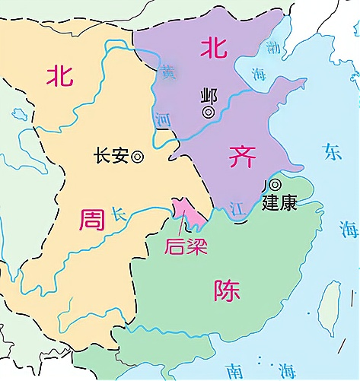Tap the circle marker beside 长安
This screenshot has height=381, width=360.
[x=138, y=157]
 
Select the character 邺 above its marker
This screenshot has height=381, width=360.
[x=208, y=95]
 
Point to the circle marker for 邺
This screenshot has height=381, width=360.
[x=208, y=112]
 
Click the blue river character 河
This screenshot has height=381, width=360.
[x=161, y=120]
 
